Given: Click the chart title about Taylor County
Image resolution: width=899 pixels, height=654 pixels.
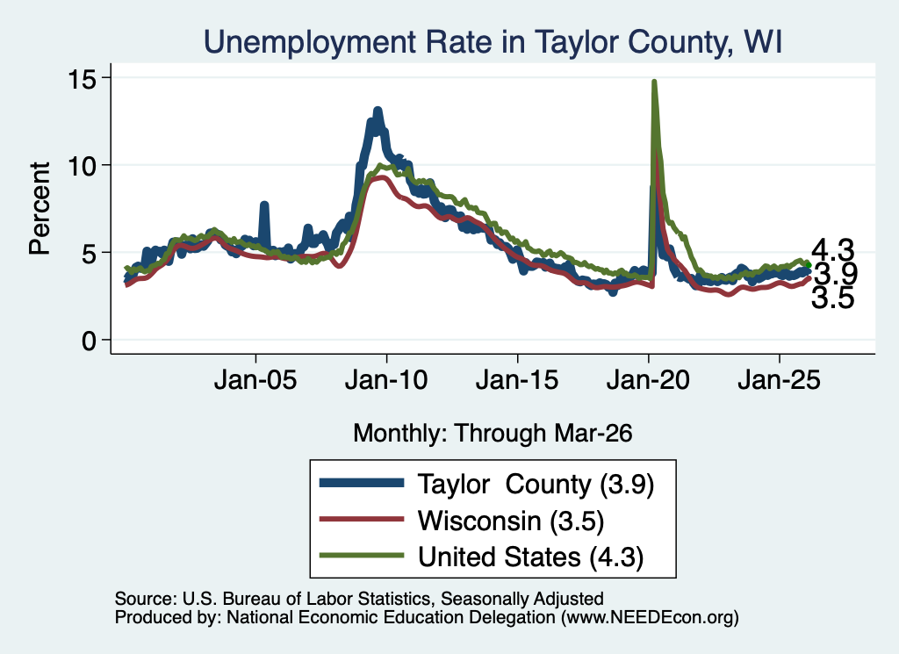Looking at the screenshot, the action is click(x=493, y=42).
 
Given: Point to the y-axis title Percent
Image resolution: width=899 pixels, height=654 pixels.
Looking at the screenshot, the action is click(x=40, y=208).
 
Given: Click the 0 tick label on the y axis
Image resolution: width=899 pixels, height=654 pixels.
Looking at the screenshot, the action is click(x=89, y=341).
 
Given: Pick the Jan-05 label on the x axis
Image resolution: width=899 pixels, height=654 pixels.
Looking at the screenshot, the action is click(x=255, y=379).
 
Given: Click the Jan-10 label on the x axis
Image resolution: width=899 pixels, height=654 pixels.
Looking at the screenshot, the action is click(x=386, y=379).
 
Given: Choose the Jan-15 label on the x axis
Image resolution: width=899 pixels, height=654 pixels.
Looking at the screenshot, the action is click(x=517, y=379).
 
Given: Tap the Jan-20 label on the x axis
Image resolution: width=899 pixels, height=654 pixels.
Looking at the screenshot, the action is click(x=648, y=379).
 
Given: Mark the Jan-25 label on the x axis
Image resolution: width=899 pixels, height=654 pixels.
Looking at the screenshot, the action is click(x=780, y=379).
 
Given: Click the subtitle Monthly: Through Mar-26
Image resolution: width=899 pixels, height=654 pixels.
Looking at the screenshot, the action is click(x=493, y=433).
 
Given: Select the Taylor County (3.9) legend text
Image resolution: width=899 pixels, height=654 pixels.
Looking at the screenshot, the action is click(x=536, y=485).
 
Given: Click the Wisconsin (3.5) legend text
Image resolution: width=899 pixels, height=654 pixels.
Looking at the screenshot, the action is click(x=511, y=521).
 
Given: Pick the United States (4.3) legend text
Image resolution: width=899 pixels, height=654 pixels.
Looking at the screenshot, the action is click(x=531, y=557).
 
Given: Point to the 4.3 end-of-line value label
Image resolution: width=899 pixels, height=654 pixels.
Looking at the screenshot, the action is click(x=832, y=250).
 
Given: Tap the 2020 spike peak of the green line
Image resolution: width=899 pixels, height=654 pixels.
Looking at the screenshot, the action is click(x=653, y=82).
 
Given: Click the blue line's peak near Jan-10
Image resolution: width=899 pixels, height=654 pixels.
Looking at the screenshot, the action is click(x=378, y=110).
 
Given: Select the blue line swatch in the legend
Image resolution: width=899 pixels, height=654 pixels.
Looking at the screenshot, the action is click(x=362, y=483).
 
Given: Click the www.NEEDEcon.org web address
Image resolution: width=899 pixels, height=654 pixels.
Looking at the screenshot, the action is click(x=650, y=617).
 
